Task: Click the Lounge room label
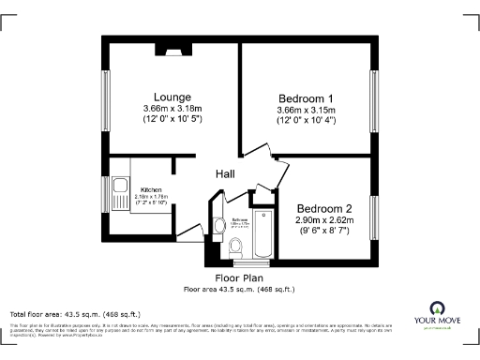click(172, 97)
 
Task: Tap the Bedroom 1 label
click(306, 98)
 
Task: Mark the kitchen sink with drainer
click(119, 197)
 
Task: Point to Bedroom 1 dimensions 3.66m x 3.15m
click(306, 111)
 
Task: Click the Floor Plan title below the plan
click(238, 278)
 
